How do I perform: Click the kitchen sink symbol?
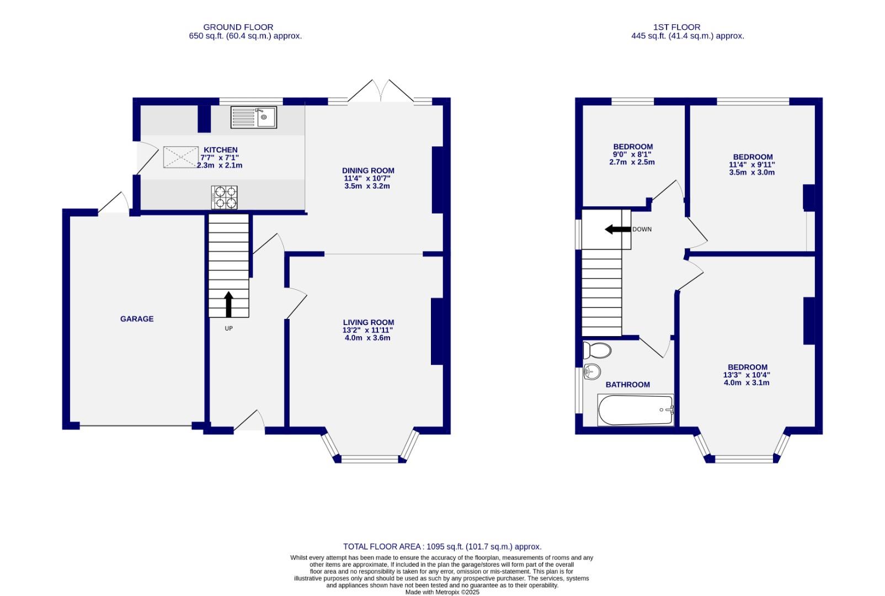tap(254, 117)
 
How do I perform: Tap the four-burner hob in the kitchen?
tap(224, 198)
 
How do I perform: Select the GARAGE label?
tap(137, 319)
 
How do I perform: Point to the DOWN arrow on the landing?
tap(617, 229)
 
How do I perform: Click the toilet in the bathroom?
tap(597, 350)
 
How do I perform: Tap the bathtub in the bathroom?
tap(636, 410)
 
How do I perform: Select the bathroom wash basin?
tap(591, 372)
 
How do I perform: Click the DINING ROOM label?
tap(368, 171)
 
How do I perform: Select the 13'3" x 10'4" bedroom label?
tap(747, 368)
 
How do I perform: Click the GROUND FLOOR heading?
tap(238, 27)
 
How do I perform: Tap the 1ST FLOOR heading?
tap(676, 27)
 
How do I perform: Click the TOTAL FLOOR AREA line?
tap(442, 547)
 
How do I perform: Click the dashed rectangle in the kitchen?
tap(180, 157)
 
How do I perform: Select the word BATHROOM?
tap(627, 385)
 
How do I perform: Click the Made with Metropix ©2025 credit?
tap(442, 592)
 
